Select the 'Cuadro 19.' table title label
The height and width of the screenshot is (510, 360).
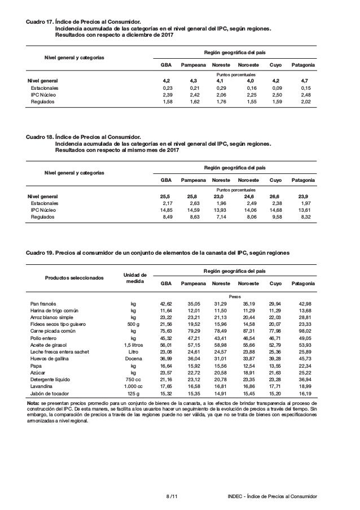[39, 253]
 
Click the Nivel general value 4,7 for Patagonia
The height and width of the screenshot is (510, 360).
[305, 81]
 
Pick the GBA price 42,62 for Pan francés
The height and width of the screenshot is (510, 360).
[166, 303]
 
